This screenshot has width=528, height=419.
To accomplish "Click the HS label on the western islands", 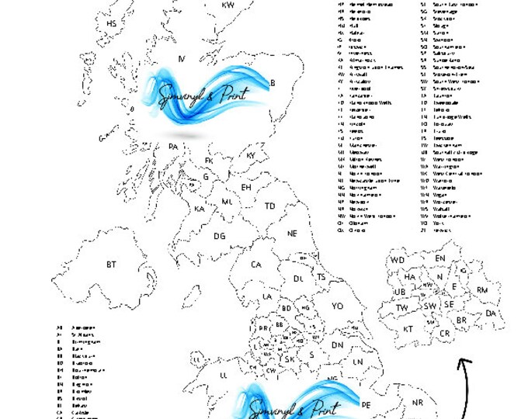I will pyautogui.click(x=111, y=24).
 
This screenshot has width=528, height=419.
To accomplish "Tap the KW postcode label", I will pyautogui.click(x=228, y=5).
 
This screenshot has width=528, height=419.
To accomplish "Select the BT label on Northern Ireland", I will pyautogui.click(x=112, y=265).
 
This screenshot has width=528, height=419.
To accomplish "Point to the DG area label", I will pyautogui.click(x=220, y=236).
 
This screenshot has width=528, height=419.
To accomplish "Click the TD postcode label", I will pyautogui.click(x=269, y=206).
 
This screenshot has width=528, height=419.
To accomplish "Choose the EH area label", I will pyautogui.click(x=246, y=188).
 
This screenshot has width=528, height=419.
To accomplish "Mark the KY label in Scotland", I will pyautogui.click(x=251, y=156).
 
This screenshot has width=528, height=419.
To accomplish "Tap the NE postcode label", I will pyautogui.click(x=293, y=233).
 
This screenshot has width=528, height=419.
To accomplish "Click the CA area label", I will pyautogui.click(x=256, y=265).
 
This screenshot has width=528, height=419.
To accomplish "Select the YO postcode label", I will pyautogui.click(x=337, y=306).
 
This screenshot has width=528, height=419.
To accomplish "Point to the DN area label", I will pyautogui.click(x=337, y=345).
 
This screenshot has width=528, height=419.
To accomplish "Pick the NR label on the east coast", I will pyautogui.click(x=418, y=403).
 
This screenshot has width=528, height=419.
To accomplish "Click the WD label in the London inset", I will pyautogui.click(x=398, y=260).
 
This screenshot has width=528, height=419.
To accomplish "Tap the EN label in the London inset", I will pyautogui.click(x=440, y=258).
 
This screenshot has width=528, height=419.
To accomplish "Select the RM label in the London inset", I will pyautogui.click(x=482, y=289).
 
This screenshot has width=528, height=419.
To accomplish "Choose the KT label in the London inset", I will pyautogui.click(x=408, y=329).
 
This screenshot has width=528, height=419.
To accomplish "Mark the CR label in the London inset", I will pyautogui.click(x=445, y=334).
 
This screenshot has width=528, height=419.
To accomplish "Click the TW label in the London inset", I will pyautogui.click(x=402, y=308).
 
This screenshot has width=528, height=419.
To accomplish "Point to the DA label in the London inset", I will pyautogui.click(x=491, y=313).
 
